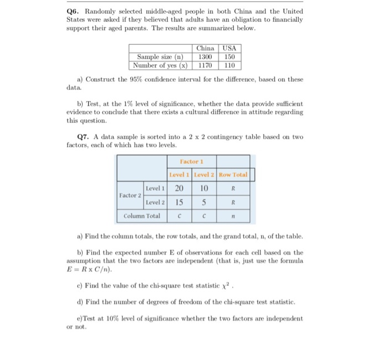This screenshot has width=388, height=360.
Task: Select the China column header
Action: pos(205,48)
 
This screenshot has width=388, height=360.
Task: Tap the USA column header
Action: pos(229,48)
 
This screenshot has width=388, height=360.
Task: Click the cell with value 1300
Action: pos(205,56)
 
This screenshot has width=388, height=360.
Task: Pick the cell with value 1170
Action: pos(205,65)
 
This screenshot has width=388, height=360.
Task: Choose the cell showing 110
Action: pos(229,65)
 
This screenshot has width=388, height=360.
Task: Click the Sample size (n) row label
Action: pos(160,56)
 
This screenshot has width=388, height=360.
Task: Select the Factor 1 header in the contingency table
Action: pos(192,161)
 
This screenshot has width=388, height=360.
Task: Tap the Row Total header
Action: pos(233,175)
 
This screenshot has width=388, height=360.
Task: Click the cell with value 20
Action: pos(180,188)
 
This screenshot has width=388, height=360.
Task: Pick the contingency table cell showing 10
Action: pos(204,188)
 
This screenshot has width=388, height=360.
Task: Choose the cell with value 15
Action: pos(180,202)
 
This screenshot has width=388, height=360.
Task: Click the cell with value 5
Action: pos(204,202)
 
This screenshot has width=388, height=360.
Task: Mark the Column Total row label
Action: pos(142,216)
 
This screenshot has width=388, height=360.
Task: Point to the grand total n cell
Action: pos(233,216)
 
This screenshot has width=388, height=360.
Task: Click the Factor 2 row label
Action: pos(130,196)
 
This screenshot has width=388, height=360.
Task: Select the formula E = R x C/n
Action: pos(89,270)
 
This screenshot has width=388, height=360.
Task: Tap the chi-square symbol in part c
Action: pos(224,286)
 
